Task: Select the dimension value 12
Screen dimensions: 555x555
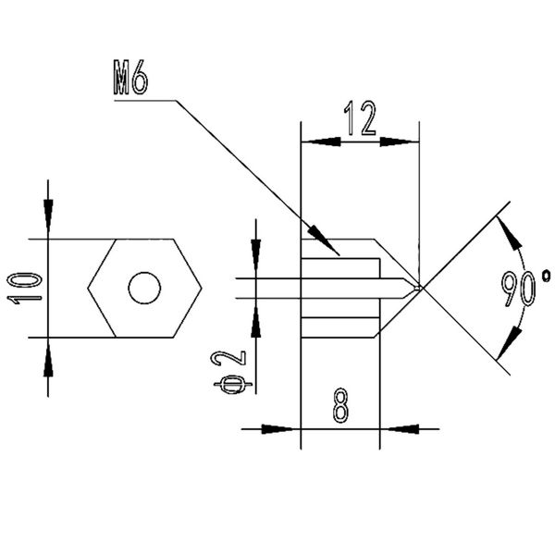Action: coord(360,121)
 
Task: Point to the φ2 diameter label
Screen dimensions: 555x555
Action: coord(233,371)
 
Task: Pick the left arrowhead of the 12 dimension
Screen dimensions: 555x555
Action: coord(319,142)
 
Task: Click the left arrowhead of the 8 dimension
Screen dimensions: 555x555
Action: coord(287,428)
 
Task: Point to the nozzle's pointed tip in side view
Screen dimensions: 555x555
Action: coord(419,288)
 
